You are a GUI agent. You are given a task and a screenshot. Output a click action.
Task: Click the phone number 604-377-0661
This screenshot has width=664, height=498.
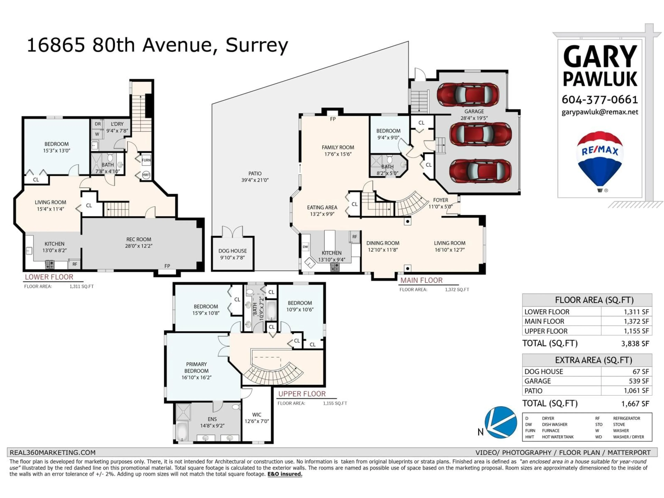tap(600, 99)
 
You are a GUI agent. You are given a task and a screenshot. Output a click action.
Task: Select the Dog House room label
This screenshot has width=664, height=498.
tap(233, 254)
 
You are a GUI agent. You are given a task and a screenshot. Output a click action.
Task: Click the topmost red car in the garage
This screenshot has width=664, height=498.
tap(468, 94)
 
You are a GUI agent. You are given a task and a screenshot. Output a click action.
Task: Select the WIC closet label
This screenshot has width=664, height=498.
tap(257, 418)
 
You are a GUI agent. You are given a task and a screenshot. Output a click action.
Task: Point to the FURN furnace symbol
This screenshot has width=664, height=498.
tap(146, 160)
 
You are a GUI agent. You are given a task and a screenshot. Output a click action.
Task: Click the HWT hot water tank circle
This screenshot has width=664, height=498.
tap(146, 175)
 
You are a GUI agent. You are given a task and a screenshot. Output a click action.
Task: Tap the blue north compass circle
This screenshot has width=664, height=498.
tap(501, 422)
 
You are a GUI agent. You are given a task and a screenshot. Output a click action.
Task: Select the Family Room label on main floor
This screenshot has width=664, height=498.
tap(338, 151)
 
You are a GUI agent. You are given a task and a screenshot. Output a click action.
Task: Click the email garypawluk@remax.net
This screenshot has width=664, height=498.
tap(600, 112)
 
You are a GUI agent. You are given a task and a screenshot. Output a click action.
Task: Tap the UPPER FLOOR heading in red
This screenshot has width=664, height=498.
tap(302, 394)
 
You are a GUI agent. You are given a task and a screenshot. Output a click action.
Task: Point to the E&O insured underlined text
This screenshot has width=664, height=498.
tap(285, 474)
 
